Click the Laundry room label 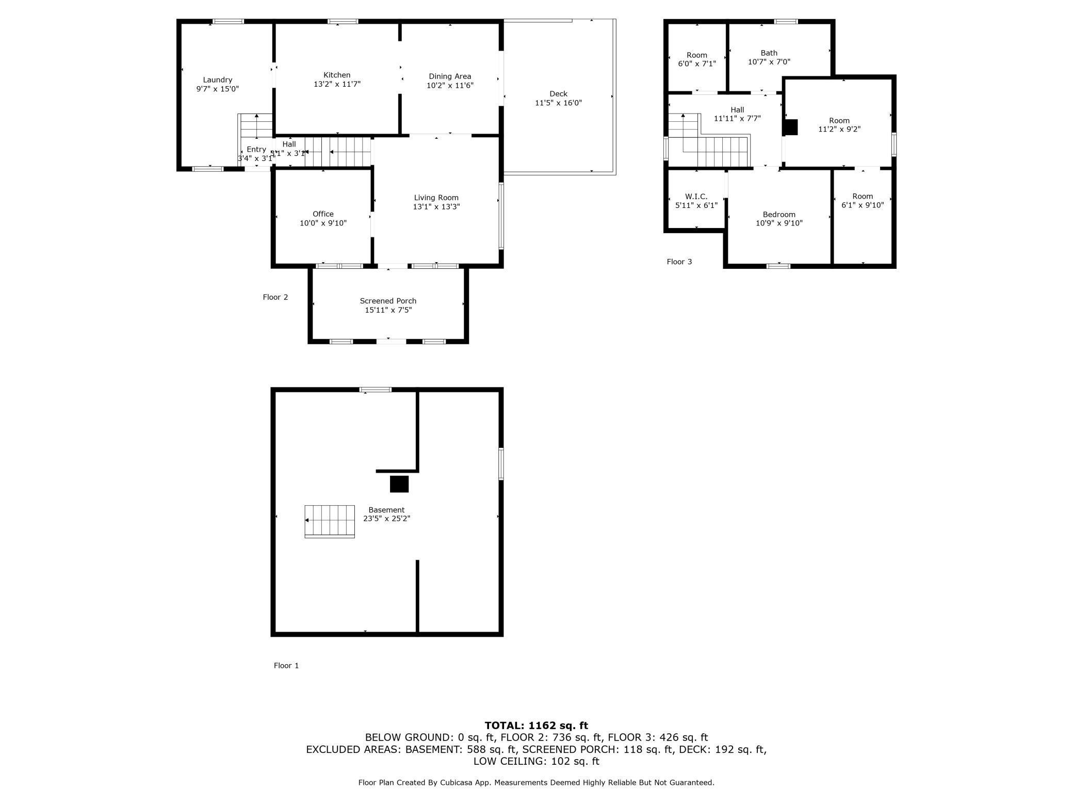217,80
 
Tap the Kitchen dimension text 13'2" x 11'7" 337,84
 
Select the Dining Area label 450,76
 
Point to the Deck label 558,94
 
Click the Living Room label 436,198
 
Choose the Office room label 323,214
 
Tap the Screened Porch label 388,301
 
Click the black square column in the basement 399,484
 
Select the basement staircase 330,521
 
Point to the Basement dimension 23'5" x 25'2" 386,519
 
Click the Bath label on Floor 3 769,53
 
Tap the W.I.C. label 696,197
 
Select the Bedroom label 779,215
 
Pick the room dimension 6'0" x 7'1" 696,64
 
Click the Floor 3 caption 679,262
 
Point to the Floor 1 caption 286,666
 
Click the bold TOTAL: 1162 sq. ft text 536,726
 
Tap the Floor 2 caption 275,297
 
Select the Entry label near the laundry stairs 256,150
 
